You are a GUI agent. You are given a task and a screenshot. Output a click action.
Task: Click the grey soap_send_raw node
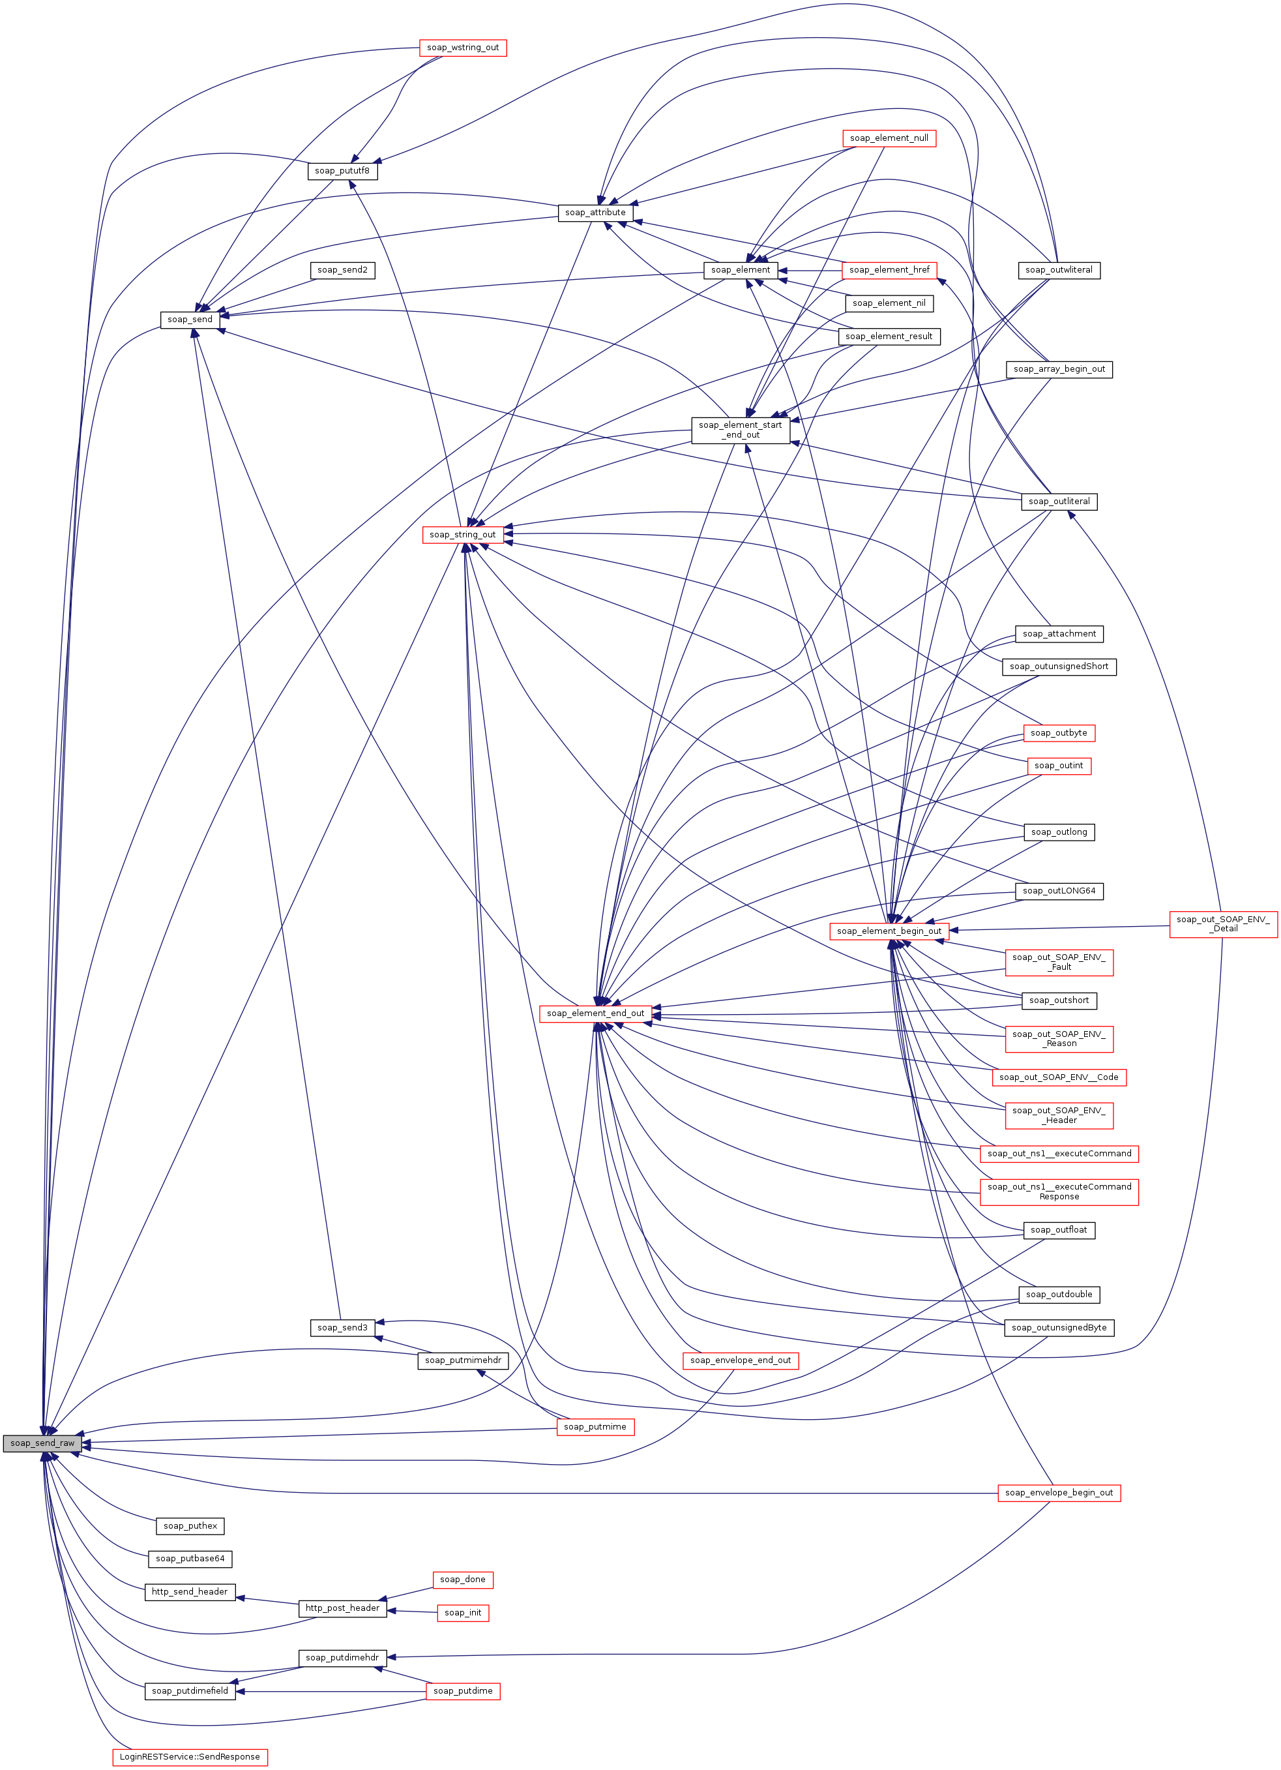42,1443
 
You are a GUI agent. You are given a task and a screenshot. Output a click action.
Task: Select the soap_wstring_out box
463,48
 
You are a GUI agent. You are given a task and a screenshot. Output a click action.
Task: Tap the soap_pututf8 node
342,171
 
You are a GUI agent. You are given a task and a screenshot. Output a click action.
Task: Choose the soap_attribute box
595,212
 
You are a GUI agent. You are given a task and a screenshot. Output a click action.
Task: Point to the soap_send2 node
342,270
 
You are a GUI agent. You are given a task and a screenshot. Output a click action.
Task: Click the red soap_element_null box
889,138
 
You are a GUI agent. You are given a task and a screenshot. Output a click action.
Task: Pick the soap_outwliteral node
1059,270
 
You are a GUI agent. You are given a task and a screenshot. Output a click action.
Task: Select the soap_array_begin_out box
1059,369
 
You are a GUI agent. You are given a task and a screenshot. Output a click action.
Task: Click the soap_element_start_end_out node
741,430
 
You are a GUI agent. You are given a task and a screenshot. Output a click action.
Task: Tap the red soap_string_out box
463,535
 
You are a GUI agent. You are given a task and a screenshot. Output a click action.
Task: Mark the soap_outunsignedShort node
1059,667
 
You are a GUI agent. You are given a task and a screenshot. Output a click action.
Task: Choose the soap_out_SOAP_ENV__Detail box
1222,924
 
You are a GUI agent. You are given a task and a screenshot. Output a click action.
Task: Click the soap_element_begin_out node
889,931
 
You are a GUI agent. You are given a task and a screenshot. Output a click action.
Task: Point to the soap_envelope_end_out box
741,1360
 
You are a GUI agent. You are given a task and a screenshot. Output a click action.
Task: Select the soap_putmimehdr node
463,1360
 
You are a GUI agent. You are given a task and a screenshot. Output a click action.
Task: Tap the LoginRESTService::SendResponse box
190,1757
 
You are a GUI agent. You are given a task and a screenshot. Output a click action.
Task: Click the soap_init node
463,1612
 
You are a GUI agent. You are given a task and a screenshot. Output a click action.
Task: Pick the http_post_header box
342,1608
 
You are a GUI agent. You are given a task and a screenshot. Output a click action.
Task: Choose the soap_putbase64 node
190,1559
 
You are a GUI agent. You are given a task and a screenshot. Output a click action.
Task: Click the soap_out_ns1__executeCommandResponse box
1059,1192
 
